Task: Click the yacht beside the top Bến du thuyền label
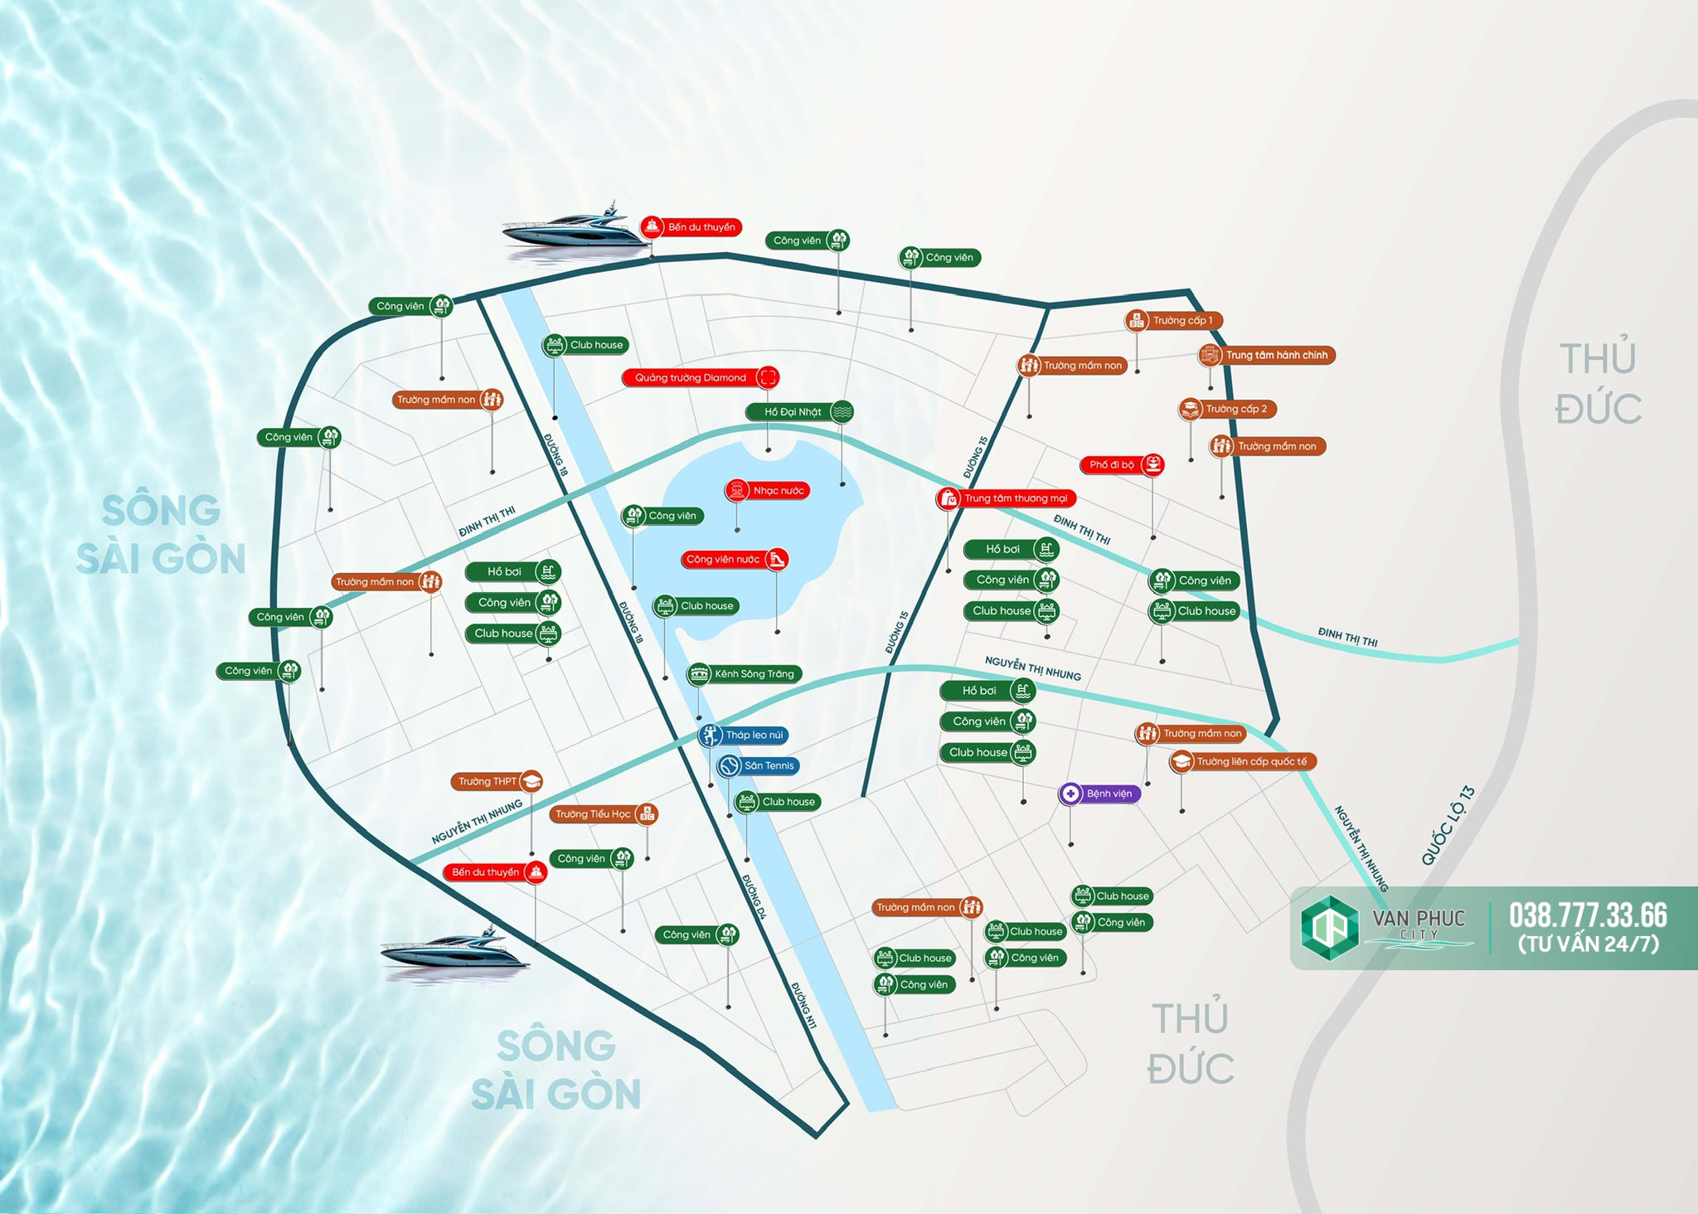click(x=575, y=226)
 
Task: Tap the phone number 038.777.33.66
click(x=1588, y=915)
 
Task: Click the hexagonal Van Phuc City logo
click(x=1330, y=928)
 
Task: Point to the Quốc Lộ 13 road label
click(x=1448, y=825)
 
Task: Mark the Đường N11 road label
click(x=803, y=1006)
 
